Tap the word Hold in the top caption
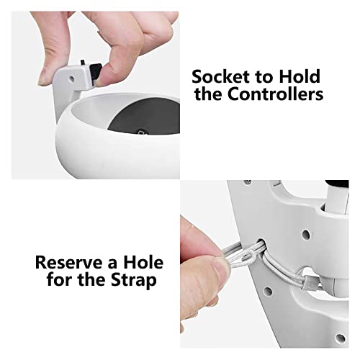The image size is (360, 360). coord(300,76)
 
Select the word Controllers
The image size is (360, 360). coord(275,94)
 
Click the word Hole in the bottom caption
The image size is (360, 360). coord(143,262)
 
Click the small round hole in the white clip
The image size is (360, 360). coord(71,78)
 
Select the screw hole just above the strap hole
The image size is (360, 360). coord(306,233)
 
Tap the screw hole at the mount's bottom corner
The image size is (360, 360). coord(340,338)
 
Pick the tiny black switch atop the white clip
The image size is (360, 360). coord(82,62)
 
